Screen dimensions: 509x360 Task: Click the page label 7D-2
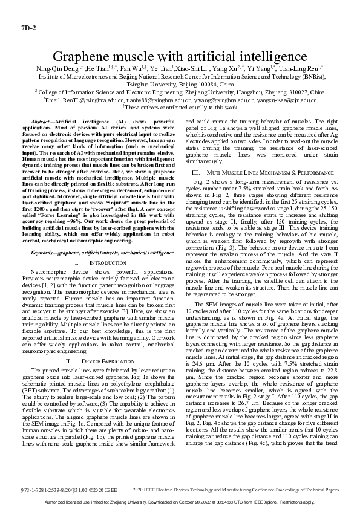point(28,28)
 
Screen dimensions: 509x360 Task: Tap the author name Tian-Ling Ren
point(303,70)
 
